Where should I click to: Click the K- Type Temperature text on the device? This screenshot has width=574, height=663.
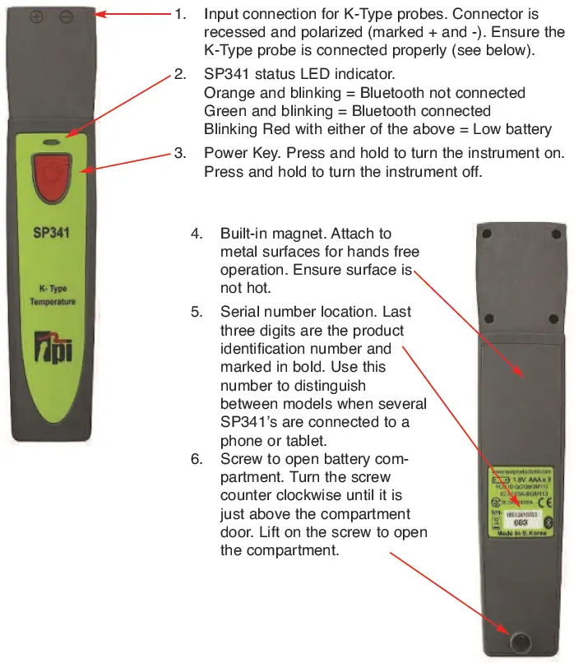pos(52,295)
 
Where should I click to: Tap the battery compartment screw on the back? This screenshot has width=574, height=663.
pos(520,642)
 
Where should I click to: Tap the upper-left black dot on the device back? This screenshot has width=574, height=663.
pos(487,234)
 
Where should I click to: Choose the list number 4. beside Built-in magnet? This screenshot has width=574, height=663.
pos(197,234)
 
